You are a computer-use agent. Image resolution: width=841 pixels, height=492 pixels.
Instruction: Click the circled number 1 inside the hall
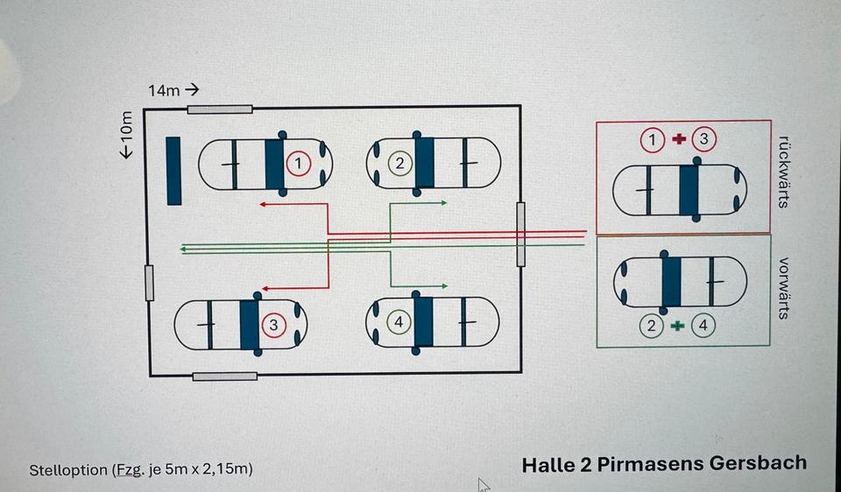pos(299,163)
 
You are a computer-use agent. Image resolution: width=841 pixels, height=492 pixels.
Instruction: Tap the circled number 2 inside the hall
pos(400,163)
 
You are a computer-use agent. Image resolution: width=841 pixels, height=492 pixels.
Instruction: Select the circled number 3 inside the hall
pos(273,325)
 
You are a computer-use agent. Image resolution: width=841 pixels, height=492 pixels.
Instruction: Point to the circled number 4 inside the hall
pos(399,322)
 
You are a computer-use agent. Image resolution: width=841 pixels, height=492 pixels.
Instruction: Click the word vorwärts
pos(783,288)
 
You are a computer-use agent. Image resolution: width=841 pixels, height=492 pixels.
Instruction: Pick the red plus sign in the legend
pos(678,139)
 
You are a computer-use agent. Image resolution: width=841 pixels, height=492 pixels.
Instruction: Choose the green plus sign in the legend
pos(676,326)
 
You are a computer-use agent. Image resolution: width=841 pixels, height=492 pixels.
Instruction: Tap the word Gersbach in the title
pos(759,463)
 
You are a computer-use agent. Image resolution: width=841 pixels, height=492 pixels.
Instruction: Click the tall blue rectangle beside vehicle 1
pos(173,171)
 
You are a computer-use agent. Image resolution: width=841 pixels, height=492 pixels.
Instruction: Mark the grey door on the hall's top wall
pos(220,109)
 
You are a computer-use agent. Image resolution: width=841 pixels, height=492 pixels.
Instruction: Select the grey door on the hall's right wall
pos(521,234)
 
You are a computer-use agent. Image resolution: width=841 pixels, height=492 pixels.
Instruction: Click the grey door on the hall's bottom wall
pos(225,376)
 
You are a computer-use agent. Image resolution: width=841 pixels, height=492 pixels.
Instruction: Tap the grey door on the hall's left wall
pos(149,282)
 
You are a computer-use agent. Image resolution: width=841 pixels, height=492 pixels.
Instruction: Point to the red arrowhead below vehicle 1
pos(262,204)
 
